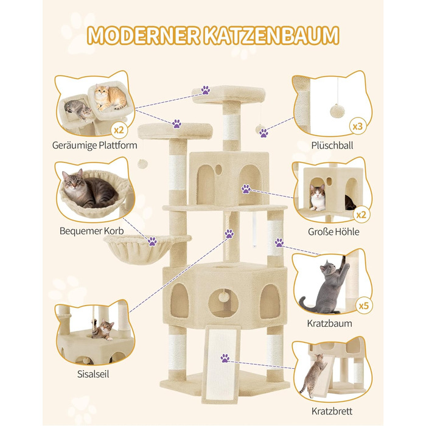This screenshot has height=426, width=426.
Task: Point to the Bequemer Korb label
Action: click(x=93, y=231)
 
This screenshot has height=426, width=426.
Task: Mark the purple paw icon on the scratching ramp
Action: click(x=225, y=358)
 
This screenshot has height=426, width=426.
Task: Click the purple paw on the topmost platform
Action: click(x=206, y=90)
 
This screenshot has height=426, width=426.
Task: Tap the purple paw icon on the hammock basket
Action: click(x=152, y=242)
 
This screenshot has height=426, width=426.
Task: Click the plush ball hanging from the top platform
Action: click(x=262, y=131)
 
